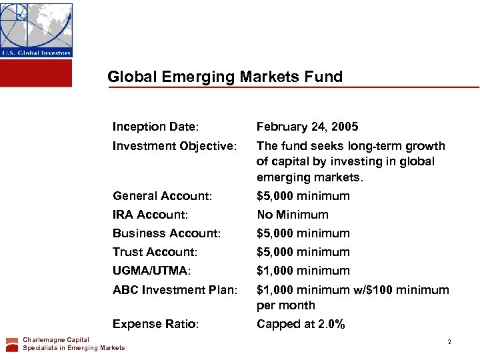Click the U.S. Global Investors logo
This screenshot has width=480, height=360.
click(36, 30)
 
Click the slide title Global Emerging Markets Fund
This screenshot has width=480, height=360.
click(225, 77)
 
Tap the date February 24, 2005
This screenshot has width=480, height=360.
click(307, 127)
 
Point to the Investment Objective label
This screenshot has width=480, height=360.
click(175, 146)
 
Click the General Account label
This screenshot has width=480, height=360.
click(163, 196)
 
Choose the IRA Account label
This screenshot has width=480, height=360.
click(151, 215)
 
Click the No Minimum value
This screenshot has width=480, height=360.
click(293, 215)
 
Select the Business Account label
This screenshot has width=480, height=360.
click(167, 233)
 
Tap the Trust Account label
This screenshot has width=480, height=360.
click(155, 252)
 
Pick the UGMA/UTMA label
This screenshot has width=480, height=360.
click(151, 271)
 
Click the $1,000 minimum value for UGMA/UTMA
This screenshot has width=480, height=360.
click(303, 271)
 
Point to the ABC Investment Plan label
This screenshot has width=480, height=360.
click(175, 290)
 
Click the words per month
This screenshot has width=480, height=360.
click(286, 305)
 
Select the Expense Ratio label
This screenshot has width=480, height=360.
click(155, 325)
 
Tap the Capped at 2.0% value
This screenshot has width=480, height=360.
click(301, 325)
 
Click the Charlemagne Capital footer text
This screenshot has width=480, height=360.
click(56, 340)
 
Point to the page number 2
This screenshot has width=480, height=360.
click(449, 342)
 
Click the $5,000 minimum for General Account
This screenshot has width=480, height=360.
click(303, 196)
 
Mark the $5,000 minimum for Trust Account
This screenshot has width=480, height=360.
click(303, 252)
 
